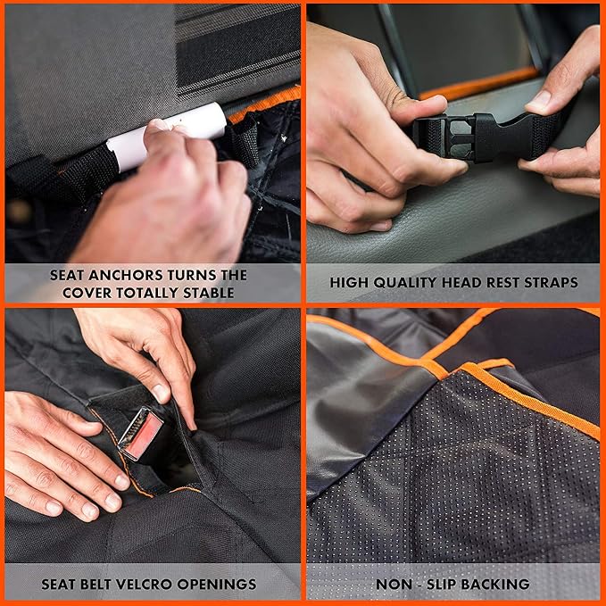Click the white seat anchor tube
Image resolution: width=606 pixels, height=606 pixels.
click(x=167, y=137)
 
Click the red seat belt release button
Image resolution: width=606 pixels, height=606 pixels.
click(x=145, y=436)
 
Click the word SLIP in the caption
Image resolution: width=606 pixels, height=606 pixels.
click(x=441, y=584)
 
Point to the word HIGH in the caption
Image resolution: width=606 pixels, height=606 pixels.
click(x=349, y=283)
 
